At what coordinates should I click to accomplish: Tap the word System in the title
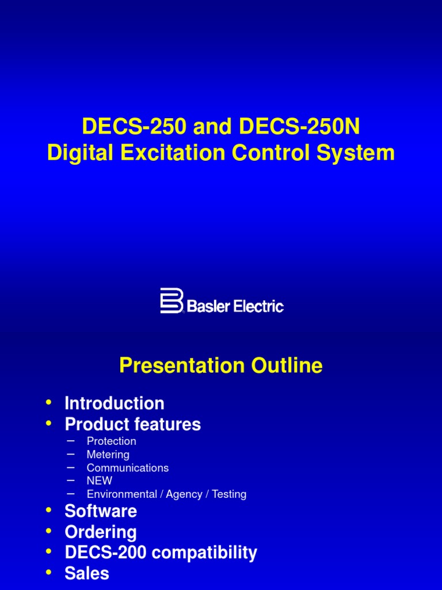[360, 153]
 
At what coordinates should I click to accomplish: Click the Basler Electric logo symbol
[171, 300]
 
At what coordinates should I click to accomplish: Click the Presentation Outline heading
[221, 365]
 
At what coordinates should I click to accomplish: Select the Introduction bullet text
[115, 403]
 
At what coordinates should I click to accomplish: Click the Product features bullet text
[133, 424]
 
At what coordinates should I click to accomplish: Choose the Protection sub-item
[112, 441]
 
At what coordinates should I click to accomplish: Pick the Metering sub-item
[108, 455]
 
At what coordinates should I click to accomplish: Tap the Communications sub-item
[128, 468]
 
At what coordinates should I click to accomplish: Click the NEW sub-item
[100, 481]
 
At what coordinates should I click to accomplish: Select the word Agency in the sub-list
[184, 494]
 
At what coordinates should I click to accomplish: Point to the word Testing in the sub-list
[229, 494]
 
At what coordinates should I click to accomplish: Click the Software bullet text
[101, 510]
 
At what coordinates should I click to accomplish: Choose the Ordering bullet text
[101, 531]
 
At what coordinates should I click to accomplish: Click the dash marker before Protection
[71, 441]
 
